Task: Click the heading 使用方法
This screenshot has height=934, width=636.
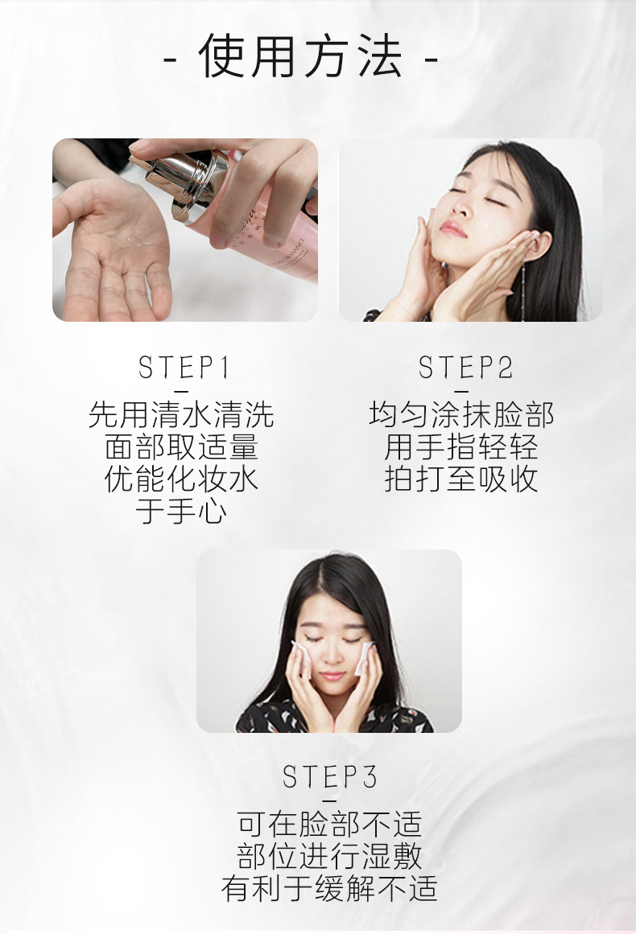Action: pos(300,56)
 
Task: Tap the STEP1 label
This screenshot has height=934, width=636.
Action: pos(183,367)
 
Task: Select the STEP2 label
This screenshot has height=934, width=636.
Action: pos(465,367)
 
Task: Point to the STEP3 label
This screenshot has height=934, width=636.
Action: pos(329,777)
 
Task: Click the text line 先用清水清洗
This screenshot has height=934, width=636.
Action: pos(181,414)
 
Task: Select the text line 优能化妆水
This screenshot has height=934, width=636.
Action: pos(181,479)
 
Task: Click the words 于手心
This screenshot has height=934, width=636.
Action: pos(181,511)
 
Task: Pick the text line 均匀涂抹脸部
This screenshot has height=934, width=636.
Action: pos(461,414)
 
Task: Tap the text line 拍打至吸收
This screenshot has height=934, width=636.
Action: pos(461,479)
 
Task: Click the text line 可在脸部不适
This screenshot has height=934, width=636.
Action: pos(329,824)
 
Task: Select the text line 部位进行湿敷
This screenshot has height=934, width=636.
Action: pos(329,856)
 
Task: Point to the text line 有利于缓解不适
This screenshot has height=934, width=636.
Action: pos(329,888)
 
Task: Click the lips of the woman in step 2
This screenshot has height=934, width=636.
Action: pos(452,228)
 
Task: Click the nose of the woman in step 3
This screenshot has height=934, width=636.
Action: pos(332,655)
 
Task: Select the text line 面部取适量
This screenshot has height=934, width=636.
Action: pos(181,446)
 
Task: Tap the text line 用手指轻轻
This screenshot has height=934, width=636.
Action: pos(461,446)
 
